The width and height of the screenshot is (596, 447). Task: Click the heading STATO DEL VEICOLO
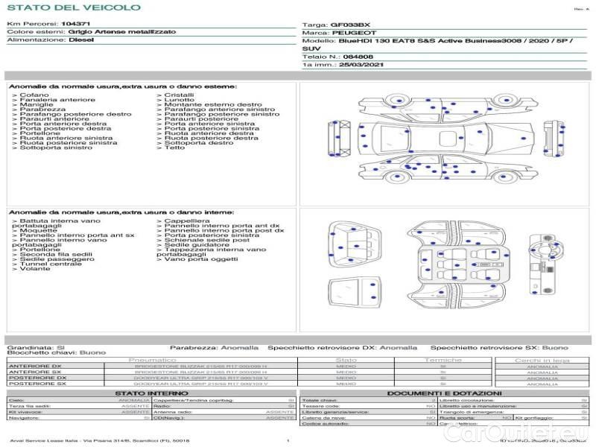pyautogui.click(x=74, y=7)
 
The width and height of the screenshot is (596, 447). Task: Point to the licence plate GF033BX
pyautogui.click(x=349, y=25)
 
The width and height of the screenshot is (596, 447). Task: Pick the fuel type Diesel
pyautogui.click(x=81, y=40)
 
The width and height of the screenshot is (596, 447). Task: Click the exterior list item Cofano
pyautogui.click(x=34, y=95)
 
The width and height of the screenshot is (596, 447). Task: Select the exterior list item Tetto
pyautogui.click(x=174, y=148)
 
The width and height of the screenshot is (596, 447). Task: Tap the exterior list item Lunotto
pyautogui.click(x=179, y=101)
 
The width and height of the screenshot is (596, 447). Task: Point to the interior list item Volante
pyautogui.click(x=35, y=269)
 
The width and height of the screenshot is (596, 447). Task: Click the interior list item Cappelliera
pyautogui.click(x=187, y=221)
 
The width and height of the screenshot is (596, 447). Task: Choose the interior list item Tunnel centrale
pyautogui.click(x=51, y=264)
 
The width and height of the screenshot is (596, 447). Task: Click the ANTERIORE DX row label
pyautogui.click(x=37, y=367)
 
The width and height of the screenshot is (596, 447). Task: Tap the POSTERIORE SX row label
pyautogui.click(x=38, y=384)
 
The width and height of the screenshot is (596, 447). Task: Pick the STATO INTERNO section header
pyautogui.click(x=152, y=393)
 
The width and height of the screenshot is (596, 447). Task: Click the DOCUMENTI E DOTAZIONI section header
pyautogui.click(x=444, y=393)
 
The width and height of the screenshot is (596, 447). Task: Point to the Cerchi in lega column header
pyautogui.click(x=542, y=360)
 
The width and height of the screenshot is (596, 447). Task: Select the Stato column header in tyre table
pyautogui.click(x=346, y=360)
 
